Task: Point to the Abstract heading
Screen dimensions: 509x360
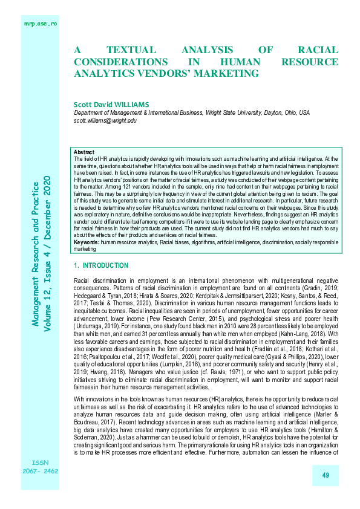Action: pyautogui.click(x=83, y=152)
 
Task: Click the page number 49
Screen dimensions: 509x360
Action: pyautogui.click(x=325, y=476)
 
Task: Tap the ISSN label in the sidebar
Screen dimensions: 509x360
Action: pyautogui.click(x=41, y=461)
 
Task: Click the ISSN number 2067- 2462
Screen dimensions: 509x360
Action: pyautogui.click(x=41, y=470)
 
